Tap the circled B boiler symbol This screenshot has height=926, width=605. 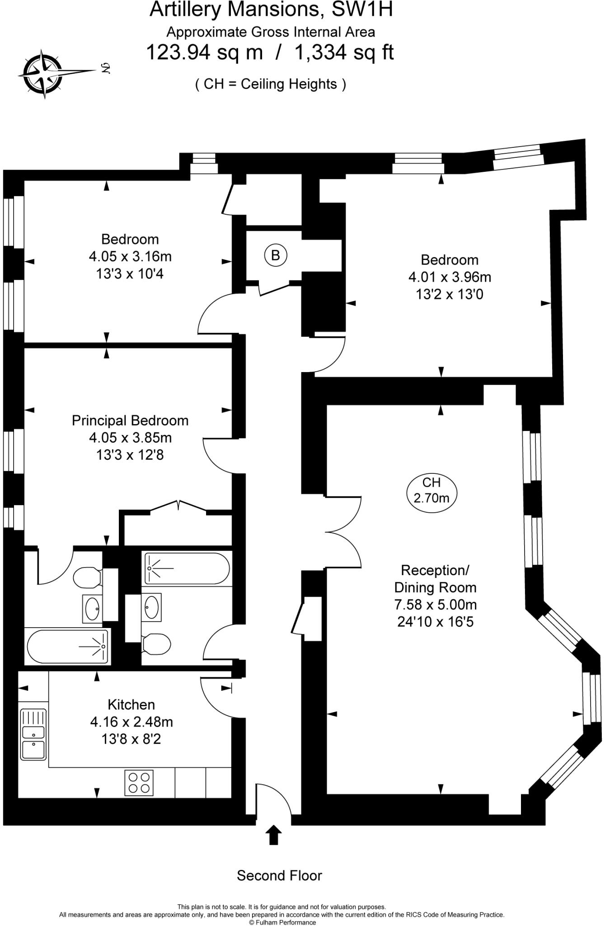[275, 255]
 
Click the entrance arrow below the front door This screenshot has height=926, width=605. [273, 835]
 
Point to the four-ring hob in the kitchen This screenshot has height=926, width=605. [139, 783]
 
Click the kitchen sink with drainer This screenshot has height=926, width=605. [33, 734]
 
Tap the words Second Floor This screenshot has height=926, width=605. [279, 875]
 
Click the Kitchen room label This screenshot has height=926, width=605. [131, 704]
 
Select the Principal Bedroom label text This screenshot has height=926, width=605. [130, 420]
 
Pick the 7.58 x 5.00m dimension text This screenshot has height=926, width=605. [435, 605]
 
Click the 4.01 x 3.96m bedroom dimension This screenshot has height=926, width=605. [450, 277]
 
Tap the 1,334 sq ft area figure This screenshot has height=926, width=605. [344, 52]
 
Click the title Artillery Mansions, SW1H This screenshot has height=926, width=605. [271, 10]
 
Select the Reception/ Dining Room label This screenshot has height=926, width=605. [435, 579]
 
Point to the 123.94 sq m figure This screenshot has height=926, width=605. [204, 52]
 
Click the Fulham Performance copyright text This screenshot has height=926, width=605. [282, 922]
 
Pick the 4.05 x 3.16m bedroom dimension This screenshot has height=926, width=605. [130, 256]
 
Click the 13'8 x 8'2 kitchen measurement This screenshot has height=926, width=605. [131, 739]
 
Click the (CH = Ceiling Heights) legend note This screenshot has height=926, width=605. [271, 84]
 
